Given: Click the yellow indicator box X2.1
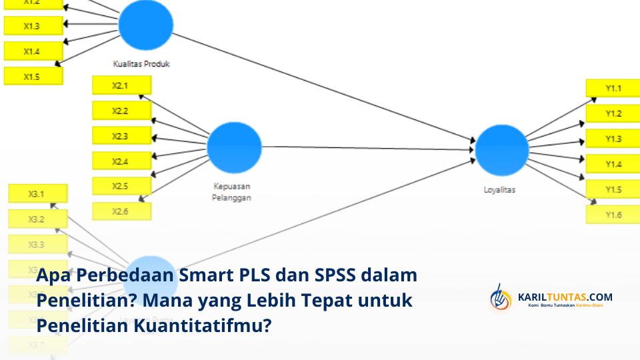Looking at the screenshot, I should pos(121,85).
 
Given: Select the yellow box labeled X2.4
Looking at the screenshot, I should pos(121,161).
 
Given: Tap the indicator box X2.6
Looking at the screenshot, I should pos(121,211).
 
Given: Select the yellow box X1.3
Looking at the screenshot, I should pos(33,26).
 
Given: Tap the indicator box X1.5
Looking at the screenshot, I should pos(33,76).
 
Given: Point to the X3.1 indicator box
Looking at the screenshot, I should pos(37,194).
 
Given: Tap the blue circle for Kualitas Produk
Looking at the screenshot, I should pos(145,25).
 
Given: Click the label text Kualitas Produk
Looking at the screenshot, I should pos(141,65).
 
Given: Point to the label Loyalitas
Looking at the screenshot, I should pos(499,189).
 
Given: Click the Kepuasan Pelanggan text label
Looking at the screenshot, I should pos(231,192).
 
